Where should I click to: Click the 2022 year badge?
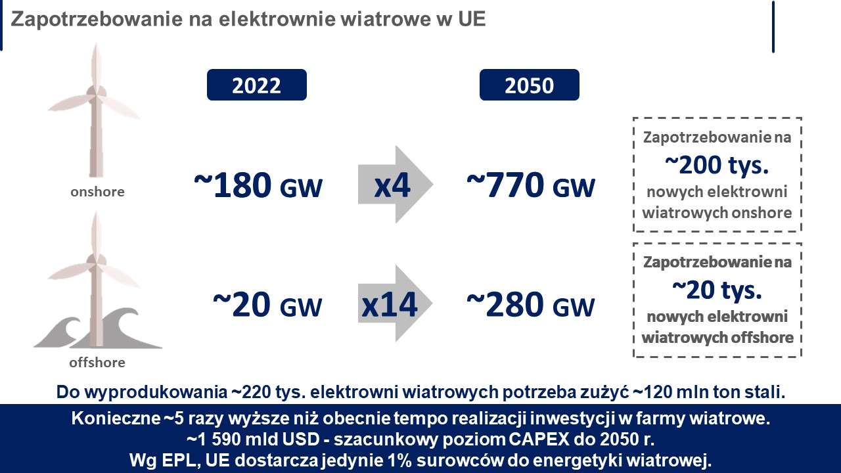click(x=257, y=85)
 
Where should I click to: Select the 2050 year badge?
click(x=530, y=85)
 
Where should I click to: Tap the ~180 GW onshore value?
click(x=258, y=185)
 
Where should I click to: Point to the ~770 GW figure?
click(x=531, y=185)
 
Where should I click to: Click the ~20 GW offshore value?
click(x=267, y=304)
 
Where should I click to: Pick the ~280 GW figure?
click(x=531, y=304)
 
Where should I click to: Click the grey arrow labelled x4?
click(x=396, y=185)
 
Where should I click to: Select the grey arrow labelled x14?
click(x=395, y=304)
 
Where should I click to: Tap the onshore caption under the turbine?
click(x=97, y=192)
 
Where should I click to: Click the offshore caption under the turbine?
click(x=97, y=363)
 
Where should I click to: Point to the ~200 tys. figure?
click(x=717, y=165)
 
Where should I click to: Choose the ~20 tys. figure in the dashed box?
click(x=717, y=290)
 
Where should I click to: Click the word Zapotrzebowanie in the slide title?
click(x=97, y=19)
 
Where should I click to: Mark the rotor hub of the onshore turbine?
click(x=96, y=93)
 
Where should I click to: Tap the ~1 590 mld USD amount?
click(x=253, y=439)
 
